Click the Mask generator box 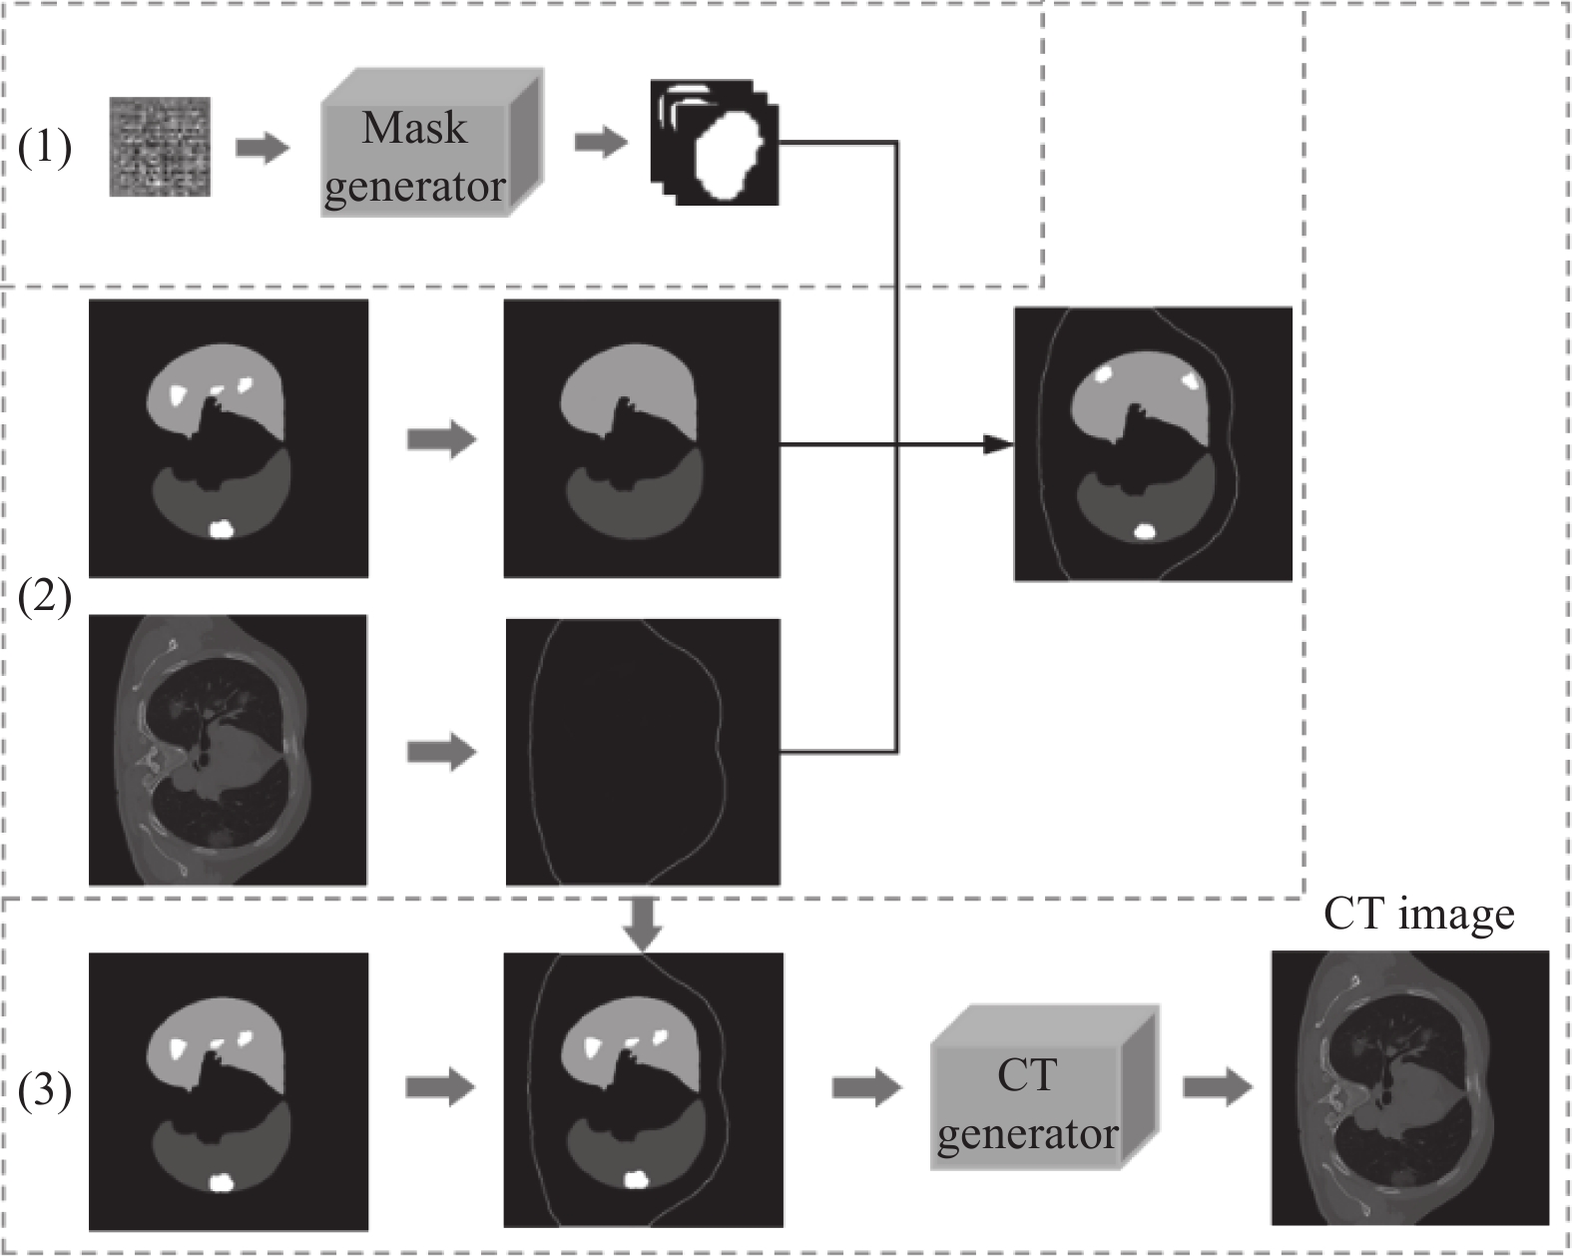[432, 143]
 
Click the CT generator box [1045, 1087]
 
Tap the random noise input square [160, 147]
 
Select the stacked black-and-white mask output [715, 143]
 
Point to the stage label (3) [45, 1090]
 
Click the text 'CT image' [1418, 914]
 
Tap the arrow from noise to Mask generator [262, 149]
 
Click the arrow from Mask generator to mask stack [601, 143]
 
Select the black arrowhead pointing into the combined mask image [998, 443]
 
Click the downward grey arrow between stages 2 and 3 [643, 925]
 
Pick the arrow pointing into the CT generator [867, 1087]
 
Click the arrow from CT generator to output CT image [1218, 1087]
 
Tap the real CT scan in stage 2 [228, 750]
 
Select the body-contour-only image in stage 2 [643, 752]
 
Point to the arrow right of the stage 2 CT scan [442, 752]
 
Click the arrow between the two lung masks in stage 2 [442, 439]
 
